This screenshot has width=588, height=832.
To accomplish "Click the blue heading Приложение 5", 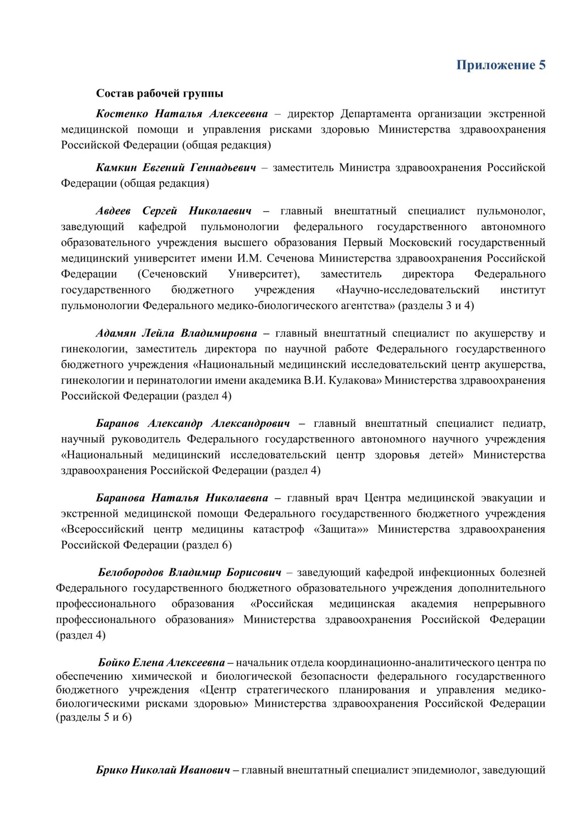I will click(501, 65).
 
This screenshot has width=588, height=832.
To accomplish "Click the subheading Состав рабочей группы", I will click(159, 93).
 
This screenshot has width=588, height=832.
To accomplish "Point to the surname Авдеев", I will click(113, 211).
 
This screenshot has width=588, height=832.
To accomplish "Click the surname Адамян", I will click(116, 333).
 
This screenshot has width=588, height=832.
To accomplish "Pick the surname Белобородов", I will click(131, 572).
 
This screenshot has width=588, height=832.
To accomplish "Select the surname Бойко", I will click(113, 662).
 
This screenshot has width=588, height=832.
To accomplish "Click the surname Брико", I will click(112, 770).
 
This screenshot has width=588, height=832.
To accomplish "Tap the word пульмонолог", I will click(511, 211).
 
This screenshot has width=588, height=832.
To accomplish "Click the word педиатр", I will click(523, 423).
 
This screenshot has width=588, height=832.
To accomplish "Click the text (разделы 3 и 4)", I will click(436, 305).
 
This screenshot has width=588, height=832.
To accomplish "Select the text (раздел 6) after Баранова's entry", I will click(207, 545).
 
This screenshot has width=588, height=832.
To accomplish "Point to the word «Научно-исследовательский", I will click(407, 290).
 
